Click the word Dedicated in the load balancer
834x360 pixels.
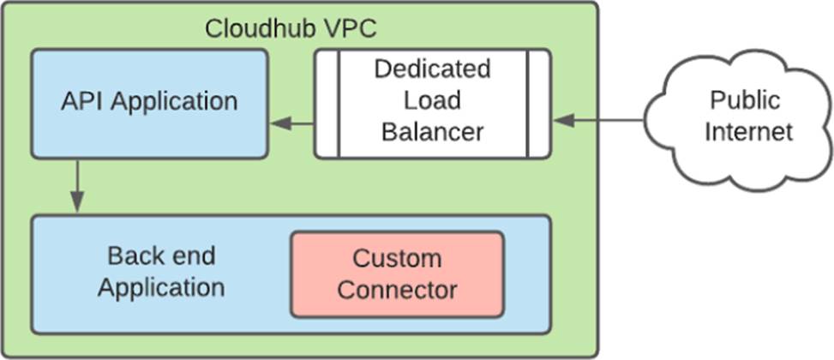[x=432, y=69]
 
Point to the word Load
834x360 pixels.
[x=432, y=100]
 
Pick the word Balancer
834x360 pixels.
[x=432, y=132]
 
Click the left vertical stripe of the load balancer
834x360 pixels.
[x=327, y=104]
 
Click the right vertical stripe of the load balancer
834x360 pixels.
[x=537, y=104]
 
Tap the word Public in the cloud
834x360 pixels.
[x=745, y=100]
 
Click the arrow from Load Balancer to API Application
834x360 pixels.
[x=291, y=125]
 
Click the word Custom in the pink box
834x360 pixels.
[x=397, y=258]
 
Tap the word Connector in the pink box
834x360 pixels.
[x=397, y=290]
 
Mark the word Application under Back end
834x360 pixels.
[x=161, y=287]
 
